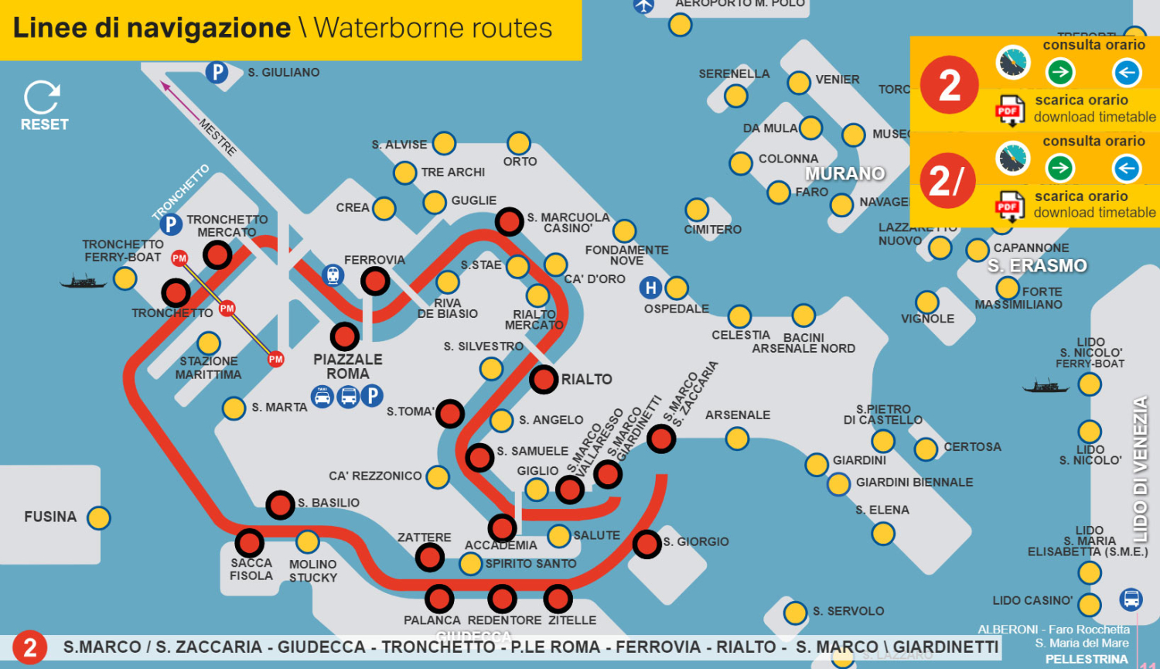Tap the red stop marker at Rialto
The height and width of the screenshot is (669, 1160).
[544, 379]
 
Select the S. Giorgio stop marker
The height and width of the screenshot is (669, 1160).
[647, 543]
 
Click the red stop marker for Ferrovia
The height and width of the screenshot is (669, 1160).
[375, 281]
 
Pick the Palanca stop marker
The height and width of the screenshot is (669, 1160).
[439, 598]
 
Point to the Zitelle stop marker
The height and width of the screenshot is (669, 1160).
[558, 598]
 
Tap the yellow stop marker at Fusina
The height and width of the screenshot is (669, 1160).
[99, 517]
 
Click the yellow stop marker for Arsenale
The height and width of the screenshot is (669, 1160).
[737, 439]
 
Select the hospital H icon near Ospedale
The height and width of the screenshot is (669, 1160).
[650, 288]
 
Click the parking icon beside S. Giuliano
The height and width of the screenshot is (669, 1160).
[217, 73]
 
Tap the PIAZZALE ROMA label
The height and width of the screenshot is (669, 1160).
[348, 366]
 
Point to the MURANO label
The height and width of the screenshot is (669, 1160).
[844, 173]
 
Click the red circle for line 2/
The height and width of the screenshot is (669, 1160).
[948, 181]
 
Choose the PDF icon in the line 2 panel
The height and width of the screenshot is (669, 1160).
[1009, 111]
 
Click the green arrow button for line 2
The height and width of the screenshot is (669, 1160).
[1060, 73]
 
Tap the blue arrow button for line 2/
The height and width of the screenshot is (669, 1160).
[1126, 168]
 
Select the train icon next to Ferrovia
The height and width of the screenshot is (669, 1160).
[333, 275]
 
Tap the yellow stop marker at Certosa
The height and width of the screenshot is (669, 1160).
[926, 449]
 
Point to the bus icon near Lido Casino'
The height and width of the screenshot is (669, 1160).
[1131, 599]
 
